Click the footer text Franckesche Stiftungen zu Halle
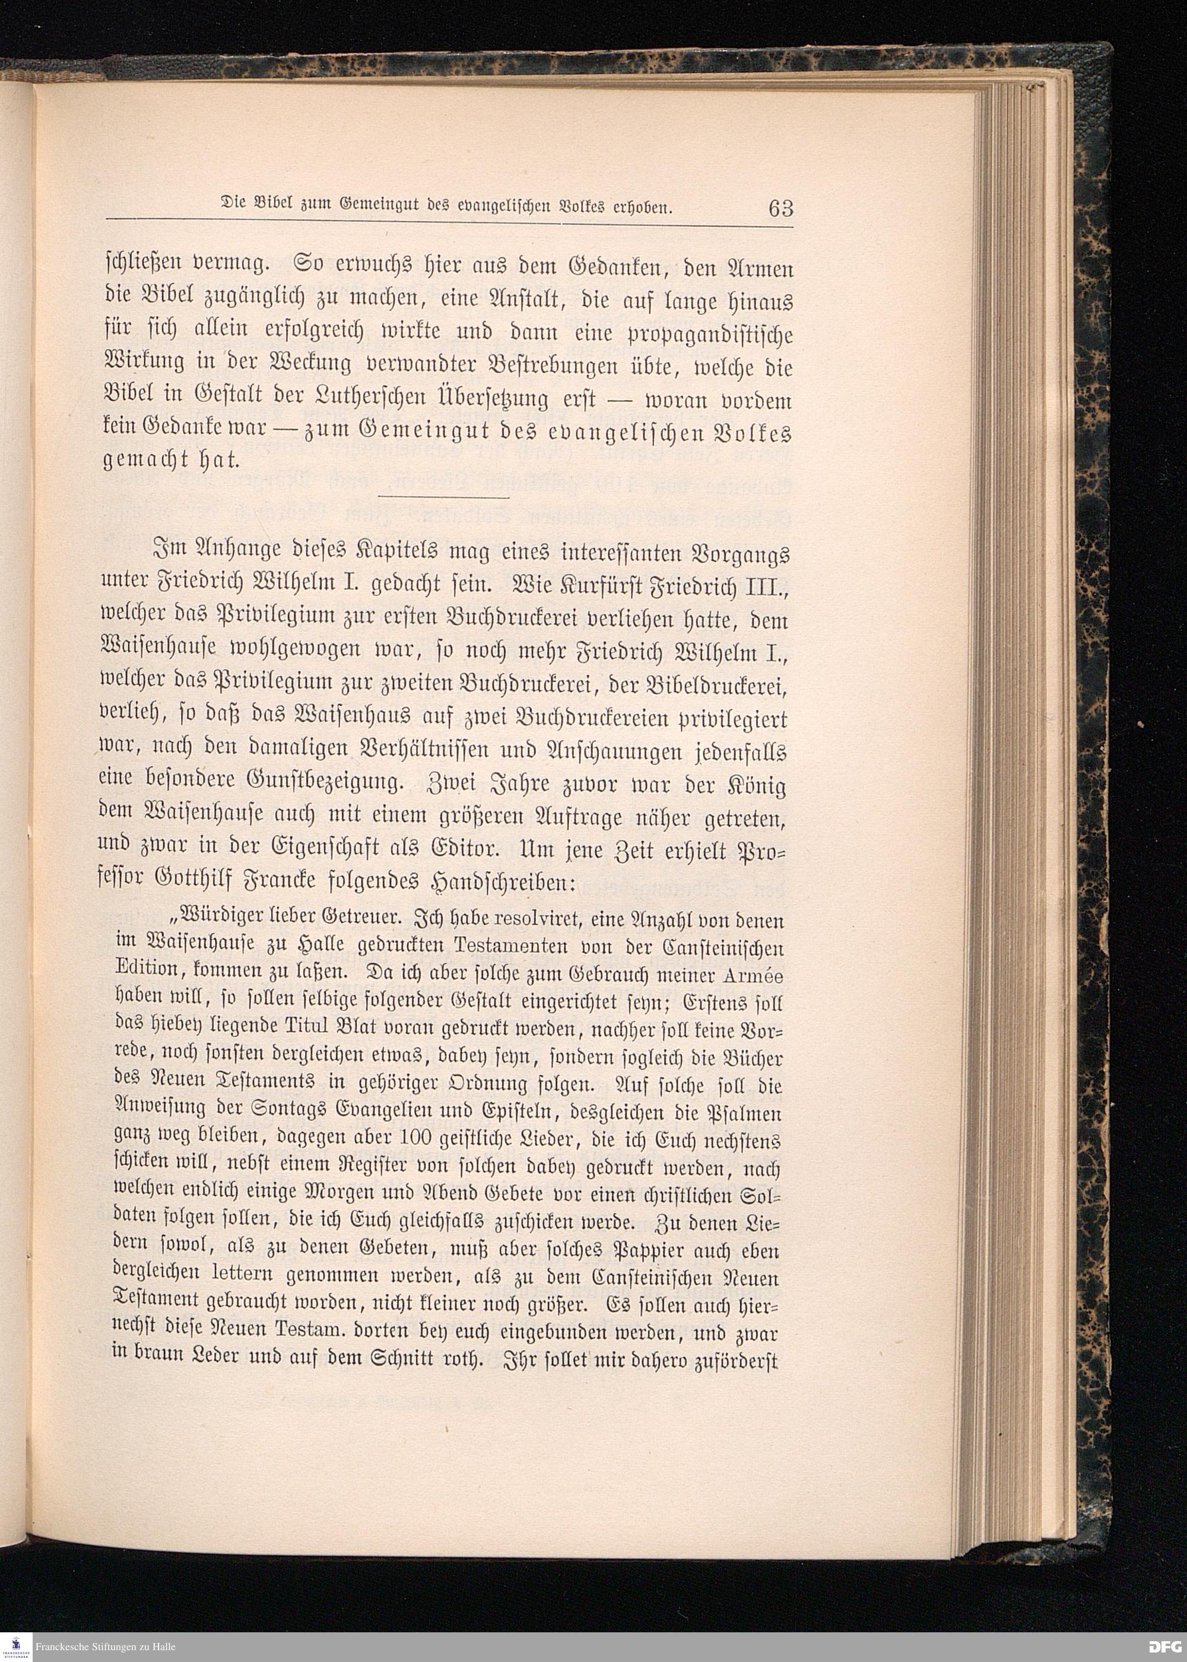coord(109,1647)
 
